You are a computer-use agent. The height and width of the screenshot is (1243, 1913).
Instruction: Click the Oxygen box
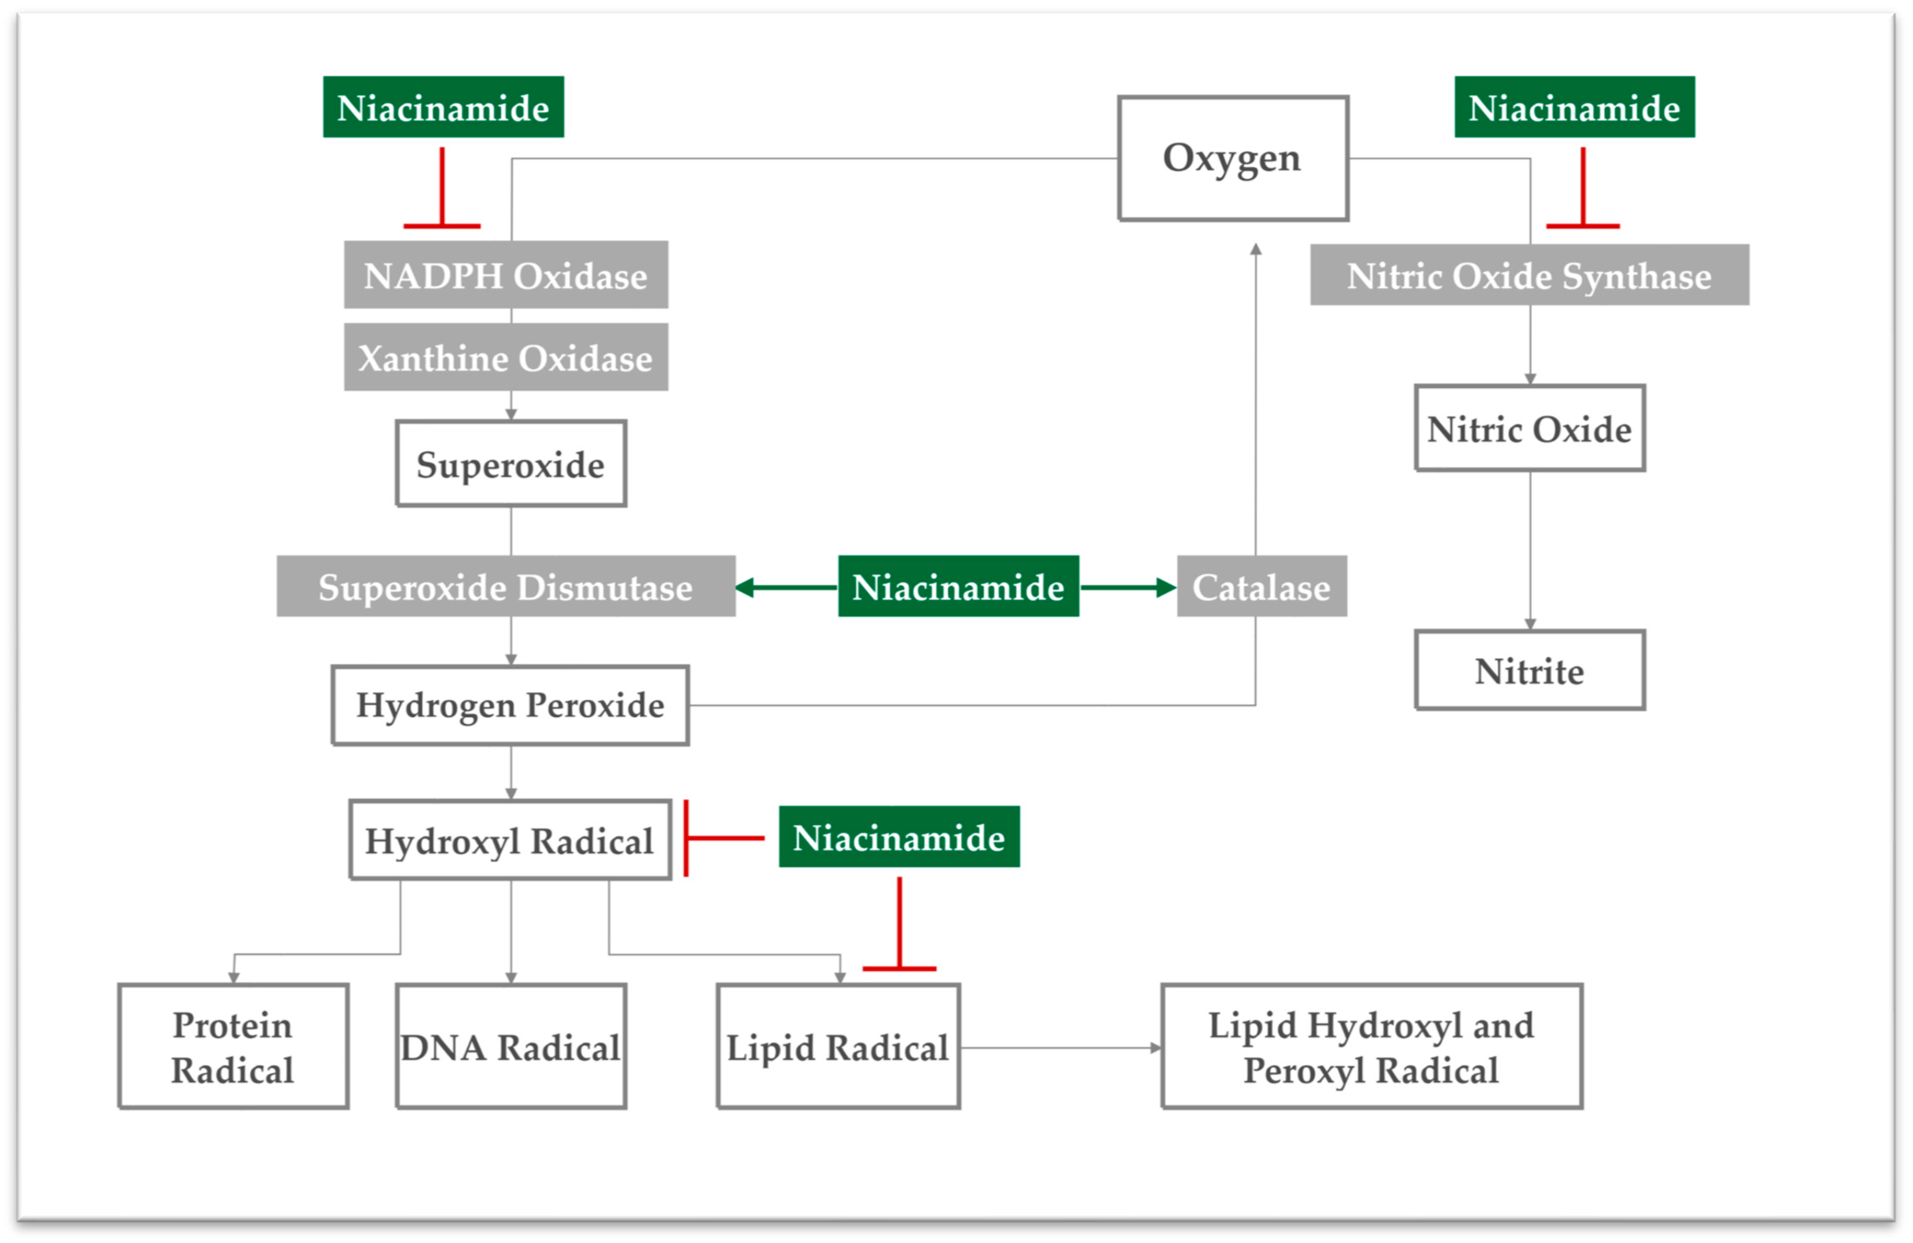(1232, 158)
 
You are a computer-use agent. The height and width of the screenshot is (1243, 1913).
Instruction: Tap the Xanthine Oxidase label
(505, 357)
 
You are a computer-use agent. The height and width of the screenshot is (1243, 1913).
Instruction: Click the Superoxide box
(511, 464)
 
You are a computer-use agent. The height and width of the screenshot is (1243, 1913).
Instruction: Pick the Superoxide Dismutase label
(505, 587)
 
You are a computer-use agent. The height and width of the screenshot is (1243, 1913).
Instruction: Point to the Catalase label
(1261, 587)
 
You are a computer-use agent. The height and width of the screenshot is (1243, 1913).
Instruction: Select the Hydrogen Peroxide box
(511, 705)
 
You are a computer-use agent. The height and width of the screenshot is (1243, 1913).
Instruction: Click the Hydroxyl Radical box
(511, 840)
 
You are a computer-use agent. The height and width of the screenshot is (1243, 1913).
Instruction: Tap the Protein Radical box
(233, 1046)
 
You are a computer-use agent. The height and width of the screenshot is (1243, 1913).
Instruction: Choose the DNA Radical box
(511, 1046)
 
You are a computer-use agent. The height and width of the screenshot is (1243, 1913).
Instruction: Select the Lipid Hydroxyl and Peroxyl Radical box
(1371, 1046)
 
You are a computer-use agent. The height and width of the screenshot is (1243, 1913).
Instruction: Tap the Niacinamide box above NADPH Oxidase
(443, 107)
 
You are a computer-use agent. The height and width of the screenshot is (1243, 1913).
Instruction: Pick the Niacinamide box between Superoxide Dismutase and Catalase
(958, 587)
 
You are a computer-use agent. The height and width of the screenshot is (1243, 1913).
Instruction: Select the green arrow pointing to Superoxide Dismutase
(786, 588)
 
